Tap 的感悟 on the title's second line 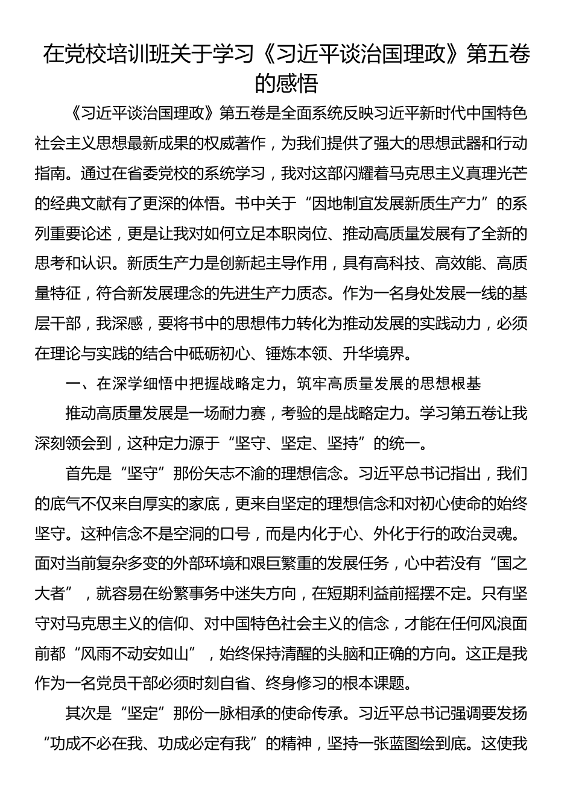(286, 83)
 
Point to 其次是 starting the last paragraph (81, 714)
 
